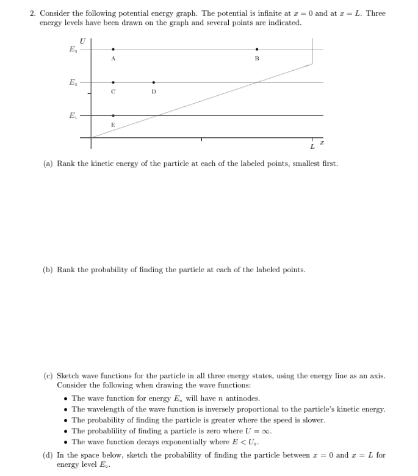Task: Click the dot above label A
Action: click(x=113, y=49)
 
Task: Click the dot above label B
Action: click(x=256, y=49)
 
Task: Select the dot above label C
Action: click(x=113, y=82)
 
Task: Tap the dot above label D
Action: click(x=153, y=82)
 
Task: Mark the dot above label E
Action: click(x=113, y=115)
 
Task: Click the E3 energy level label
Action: click(x=74, y=49)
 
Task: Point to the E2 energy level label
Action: click(x=74, y=82)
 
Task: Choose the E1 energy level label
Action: click(x=74, y=115)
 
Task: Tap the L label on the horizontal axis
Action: click(x=312, y=146)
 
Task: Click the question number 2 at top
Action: click(x=32, y=13)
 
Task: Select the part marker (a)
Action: click(x=48, y=164)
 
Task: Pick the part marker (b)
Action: click(x=48, y=269)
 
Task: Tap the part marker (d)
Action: click(x=48, y=455)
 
